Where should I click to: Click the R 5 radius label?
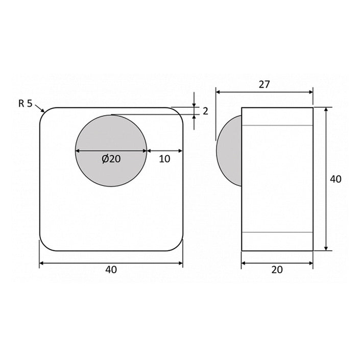(x=25, y=103)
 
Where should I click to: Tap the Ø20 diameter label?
(x=111, y=159)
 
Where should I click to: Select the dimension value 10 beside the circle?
(x=164, y=159)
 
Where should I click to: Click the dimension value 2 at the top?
(x=205, y=111)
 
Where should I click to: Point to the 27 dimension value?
(x=263, y=85)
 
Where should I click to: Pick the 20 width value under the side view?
(x=277, y=270)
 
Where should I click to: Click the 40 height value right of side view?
(x=335, y=179)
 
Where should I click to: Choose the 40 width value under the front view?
(x=111, y=270)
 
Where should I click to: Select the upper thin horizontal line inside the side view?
(x=277, y=126)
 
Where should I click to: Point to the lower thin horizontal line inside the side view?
(x=277, y=232)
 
